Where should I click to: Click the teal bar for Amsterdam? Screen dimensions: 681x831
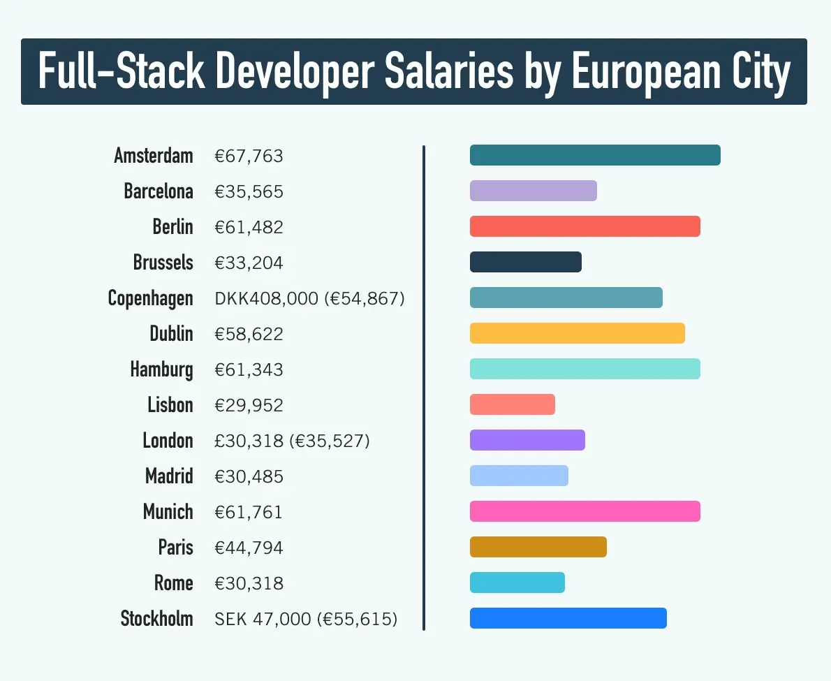coord(594,155)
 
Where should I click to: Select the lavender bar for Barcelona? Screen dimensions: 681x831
coord(533,191)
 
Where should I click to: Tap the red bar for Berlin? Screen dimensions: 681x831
coord(584,226)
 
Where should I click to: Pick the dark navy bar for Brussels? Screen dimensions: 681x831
coord(525,262)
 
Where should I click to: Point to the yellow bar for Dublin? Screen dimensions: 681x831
coord(577,333)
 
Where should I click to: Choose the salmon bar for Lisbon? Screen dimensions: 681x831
coord(512,404)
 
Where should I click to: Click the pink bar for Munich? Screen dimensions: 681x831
coord(584,511)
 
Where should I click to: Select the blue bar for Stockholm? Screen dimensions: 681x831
coord(568,618)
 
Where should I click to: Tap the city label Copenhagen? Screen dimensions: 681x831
coord(150,298)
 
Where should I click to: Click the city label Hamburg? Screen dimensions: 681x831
coord(161,369)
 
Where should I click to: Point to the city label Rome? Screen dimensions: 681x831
coord(173,583)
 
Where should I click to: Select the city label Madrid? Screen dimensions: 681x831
coord(169,476)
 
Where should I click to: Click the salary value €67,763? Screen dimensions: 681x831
coord(249,156)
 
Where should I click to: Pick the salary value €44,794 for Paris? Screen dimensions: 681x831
coord(249,548)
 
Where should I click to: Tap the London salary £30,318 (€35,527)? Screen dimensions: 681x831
coord(292,441)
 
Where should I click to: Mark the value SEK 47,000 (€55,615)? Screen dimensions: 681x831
coord(306,619)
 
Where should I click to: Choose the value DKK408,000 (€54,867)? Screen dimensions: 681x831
coord(309,299)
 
